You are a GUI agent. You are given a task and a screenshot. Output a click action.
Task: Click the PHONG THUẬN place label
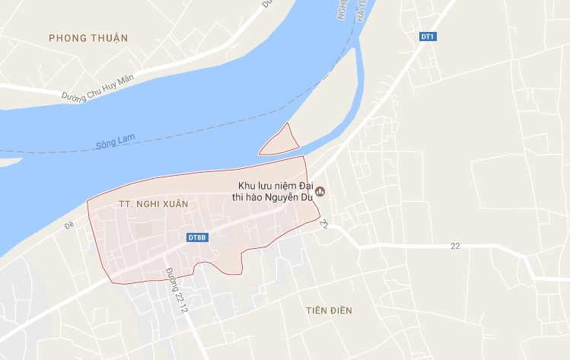(88, 38)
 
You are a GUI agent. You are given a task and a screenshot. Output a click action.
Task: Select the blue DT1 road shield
(428, 37)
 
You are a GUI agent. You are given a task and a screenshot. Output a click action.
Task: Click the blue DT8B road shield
(197, 237)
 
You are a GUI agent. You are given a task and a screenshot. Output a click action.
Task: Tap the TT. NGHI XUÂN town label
(153, 205)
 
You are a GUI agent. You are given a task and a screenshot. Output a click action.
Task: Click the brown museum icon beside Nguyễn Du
(320, 192)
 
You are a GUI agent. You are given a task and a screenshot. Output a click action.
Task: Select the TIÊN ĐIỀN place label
(329, 311)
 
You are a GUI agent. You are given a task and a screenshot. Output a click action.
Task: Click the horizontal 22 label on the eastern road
(455, 245)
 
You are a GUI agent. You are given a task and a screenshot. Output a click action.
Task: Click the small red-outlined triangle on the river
(279, 142)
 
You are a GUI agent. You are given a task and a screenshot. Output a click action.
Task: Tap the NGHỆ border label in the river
(343, 11)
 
